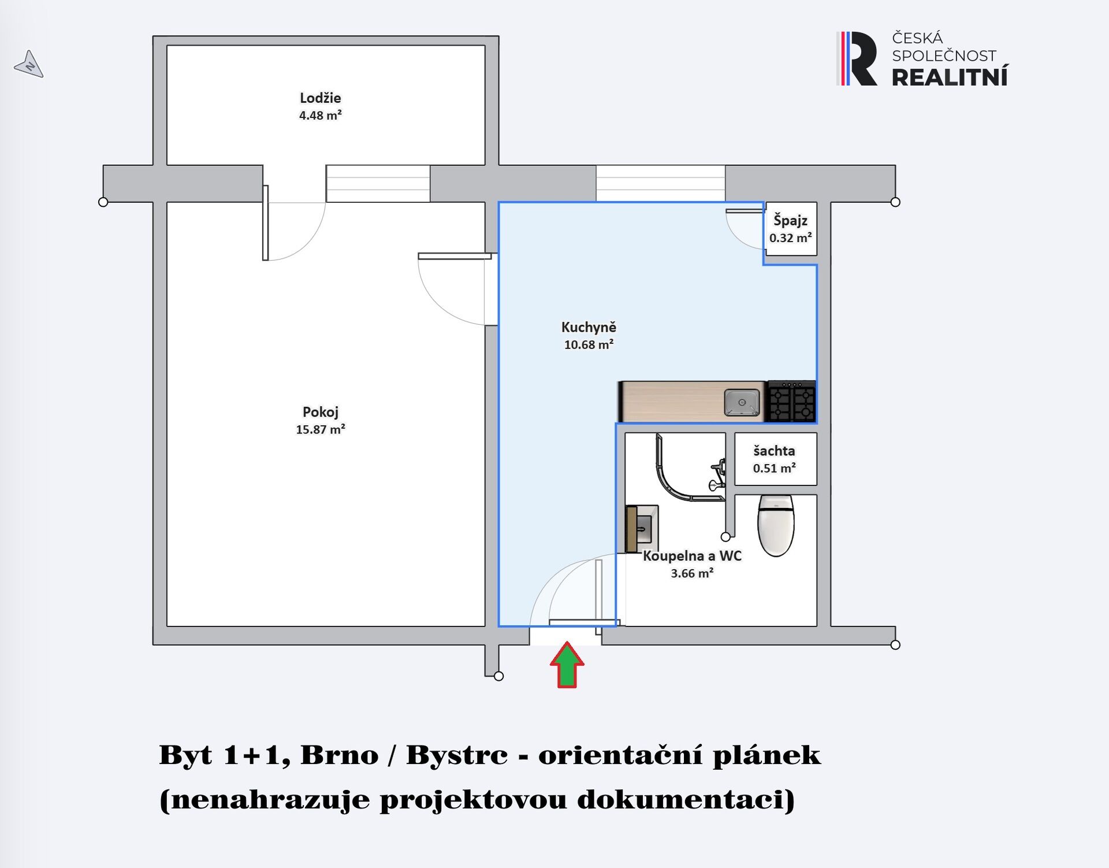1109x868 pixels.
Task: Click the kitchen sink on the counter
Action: (742, 402)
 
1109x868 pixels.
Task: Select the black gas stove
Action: (791, 401)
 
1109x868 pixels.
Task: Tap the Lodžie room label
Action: (320, 98)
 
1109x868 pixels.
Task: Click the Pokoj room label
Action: (321, 412)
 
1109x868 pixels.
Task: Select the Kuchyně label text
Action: (589, 327)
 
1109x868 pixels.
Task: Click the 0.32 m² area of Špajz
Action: (790, 238)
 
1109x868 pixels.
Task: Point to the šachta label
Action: (774, 451)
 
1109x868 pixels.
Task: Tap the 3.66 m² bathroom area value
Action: (692, 573)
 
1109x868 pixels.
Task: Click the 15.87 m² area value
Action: (321, 429)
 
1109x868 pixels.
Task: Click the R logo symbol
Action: (857, 58)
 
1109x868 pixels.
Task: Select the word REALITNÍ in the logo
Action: (950, 76)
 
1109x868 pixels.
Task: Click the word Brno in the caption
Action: (339, 755)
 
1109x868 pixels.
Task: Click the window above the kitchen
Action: (660, 183)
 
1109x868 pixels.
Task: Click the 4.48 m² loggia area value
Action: (320, 115)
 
